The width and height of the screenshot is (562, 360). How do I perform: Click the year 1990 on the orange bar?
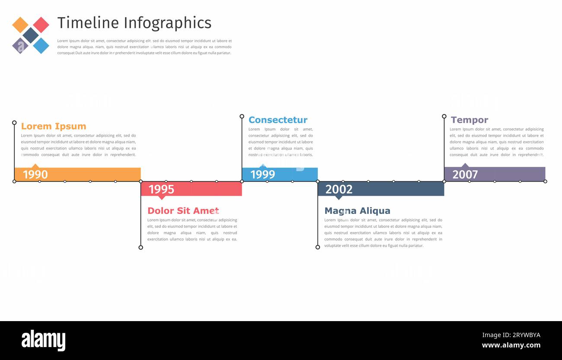point(35,175)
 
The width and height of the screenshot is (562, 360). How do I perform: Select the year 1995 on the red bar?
point(161,189)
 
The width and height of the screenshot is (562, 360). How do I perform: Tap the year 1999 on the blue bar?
point(262,175)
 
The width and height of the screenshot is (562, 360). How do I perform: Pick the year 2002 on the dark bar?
point(338,189)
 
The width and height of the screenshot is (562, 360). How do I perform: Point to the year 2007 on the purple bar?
point(465,175)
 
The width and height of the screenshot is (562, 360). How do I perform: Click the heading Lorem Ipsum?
point(54,126)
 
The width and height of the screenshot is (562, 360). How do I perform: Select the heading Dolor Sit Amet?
point(183,211)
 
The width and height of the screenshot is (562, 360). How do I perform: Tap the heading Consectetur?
point(278,120)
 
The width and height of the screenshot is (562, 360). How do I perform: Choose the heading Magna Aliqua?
point(357,211)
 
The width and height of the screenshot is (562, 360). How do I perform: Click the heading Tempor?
point(469,120)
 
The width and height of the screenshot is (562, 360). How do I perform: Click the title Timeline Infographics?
point(134,23)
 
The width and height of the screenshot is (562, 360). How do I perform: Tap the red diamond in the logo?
point(41,25)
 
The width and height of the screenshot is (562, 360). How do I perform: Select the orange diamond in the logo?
point(20,25)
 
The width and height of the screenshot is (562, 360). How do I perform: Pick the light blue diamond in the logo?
point(41,45)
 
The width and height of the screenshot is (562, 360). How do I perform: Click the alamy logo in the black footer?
point(43,341)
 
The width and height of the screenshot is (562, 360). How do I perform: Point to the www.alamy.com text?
point(511,345)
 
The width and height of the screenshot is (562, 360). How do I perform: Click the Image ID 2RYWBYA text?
point(511,335)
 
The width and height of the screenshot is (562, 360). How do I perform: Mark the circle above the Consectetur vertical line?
point(242,116)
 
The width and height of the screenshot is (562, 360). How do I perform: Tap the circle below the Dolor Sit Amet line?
point(140,247)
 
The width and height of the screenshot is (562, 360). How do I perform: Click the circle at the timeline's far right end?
point(545,182)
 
